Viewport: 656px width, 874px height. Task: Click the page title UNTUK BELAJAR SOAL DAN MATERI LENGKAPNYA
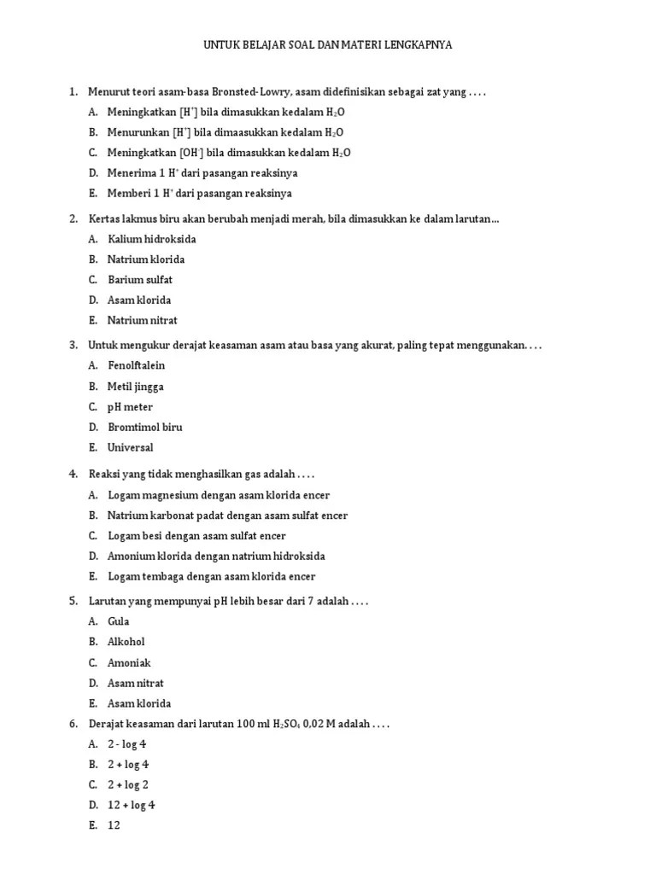pyautogui.click(x=328, y=45)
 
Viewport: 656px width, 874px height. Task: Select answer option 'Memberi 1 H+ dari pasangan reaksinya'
pyautogui.click(x=200, y=194)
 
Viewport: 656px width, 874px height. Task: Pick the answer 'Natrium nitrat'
pyautogui.click(x=143, y=321)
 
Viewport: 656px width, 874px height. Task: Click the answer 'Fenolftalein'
pyautogui.click(x=137, y=365)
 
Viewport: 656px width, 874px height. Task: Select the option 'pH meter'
pyautogui.click(x=131, y=407)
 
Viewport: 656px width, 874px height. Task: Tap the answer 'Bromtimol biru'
pyautogui.click(x=145, y=427)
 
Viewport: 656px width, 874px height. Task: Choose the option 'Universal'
pyautogui.click(x=131, y=447)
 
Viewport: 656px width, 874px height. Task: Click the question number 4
pyautogui.click(x=73, y=474)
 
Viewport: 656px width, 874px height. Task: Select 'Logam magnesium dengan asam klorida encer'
pyautogui.click(x=219, y=495)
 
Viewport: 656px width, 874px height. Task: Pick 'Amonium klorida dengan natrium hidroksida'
pyautogui.click(x=216, y=556)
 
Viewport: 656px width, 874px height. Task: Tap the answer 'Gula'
pyautogui.click(x=120, y=621)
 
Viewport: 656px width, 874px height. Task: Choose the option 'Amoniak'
pyautogui.click(x=129, y=663)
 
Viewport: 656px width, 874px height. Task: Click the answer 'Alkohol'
pyautogui.click(x=126, y=642)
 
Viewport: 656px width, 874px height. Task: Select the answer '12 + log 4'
pyautogui.click(x=132, y=806)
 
